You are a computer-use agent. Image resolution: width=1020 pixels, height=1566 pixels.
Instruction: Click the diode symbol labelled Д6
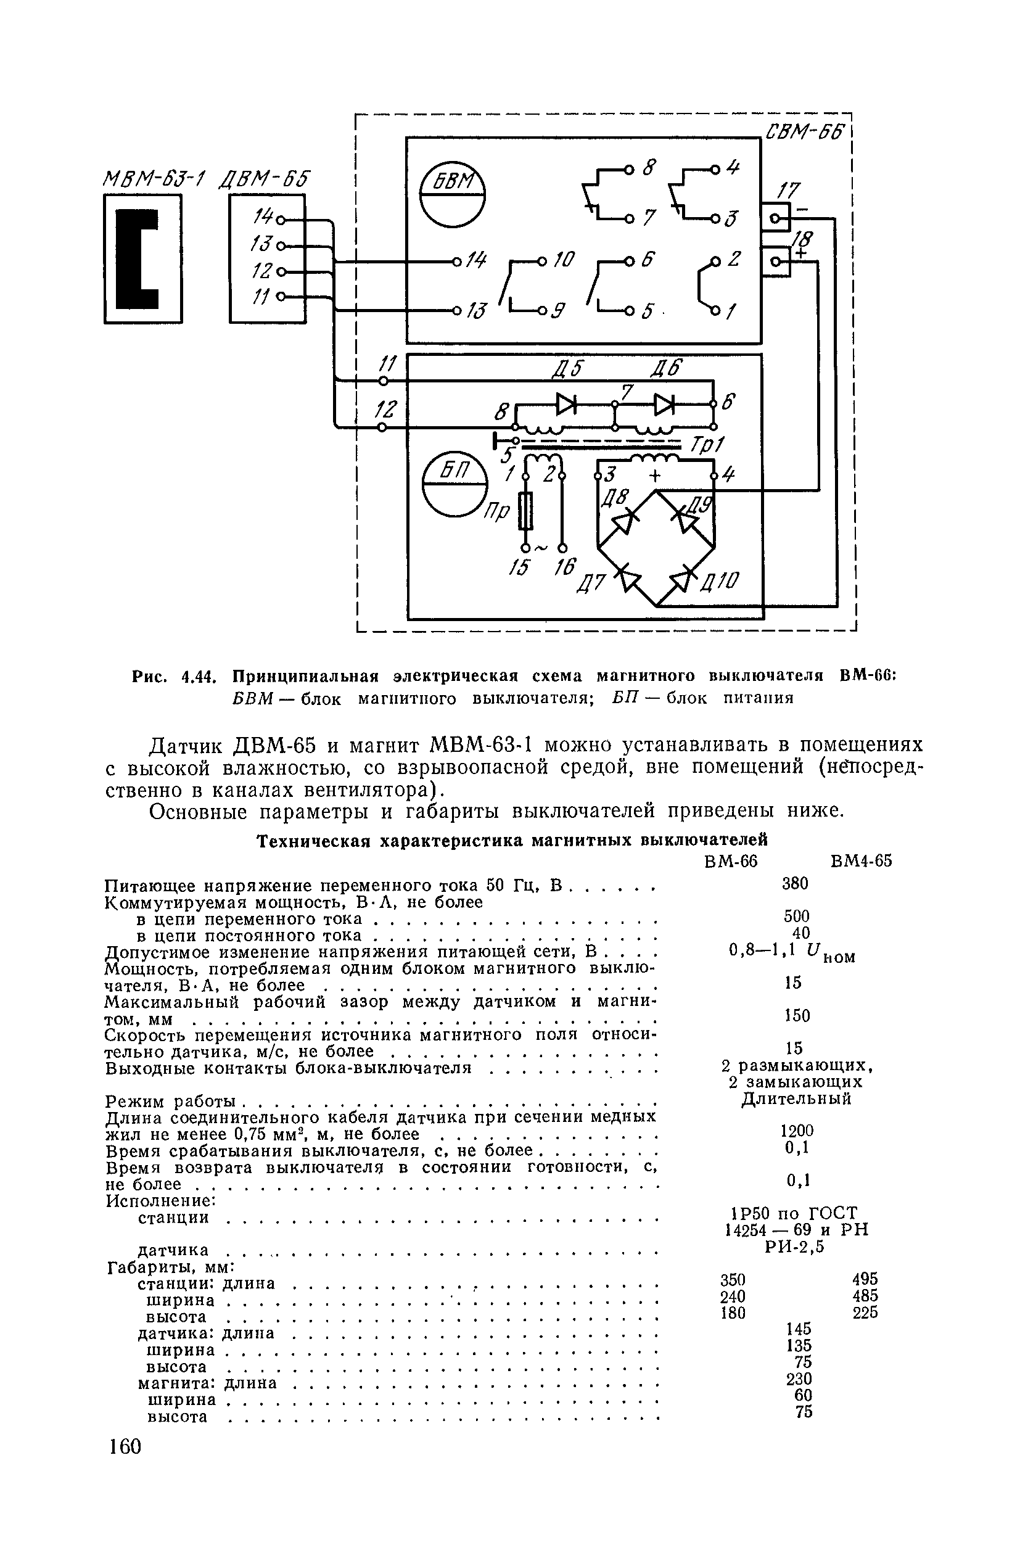click(x=664, y=405)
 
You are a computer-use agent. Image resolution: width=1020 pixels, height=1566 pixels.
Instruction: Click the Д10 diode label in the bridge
click(x=724, y=580)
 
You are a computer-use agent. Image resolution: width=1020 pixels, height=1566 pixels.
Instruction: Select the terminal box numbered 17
click(x=776, y=219)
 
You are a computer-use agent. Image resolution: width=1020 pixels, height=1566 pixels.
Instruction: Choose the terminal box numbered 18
click(x=776, y=263)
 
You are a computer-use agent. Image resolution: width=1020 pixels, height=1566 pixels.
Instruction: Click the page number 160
click(x=125, y=1448)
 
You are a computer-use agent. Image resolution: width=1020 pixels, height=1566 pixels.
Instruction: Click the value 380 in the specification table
click(x=795, y=884)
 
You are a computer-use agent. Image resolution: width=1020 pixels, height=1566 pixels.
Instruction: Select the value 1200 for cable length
click(x=797, y=1131)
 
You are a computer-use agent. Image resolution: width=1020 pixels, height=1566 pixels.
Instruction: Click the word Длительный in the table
click(x=796, y=1098)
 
